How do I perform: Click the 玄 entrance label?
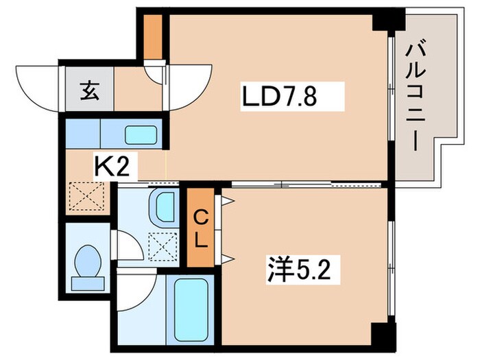pos(89,91)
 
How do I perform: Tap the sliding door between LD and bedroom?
pos(281,183)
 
